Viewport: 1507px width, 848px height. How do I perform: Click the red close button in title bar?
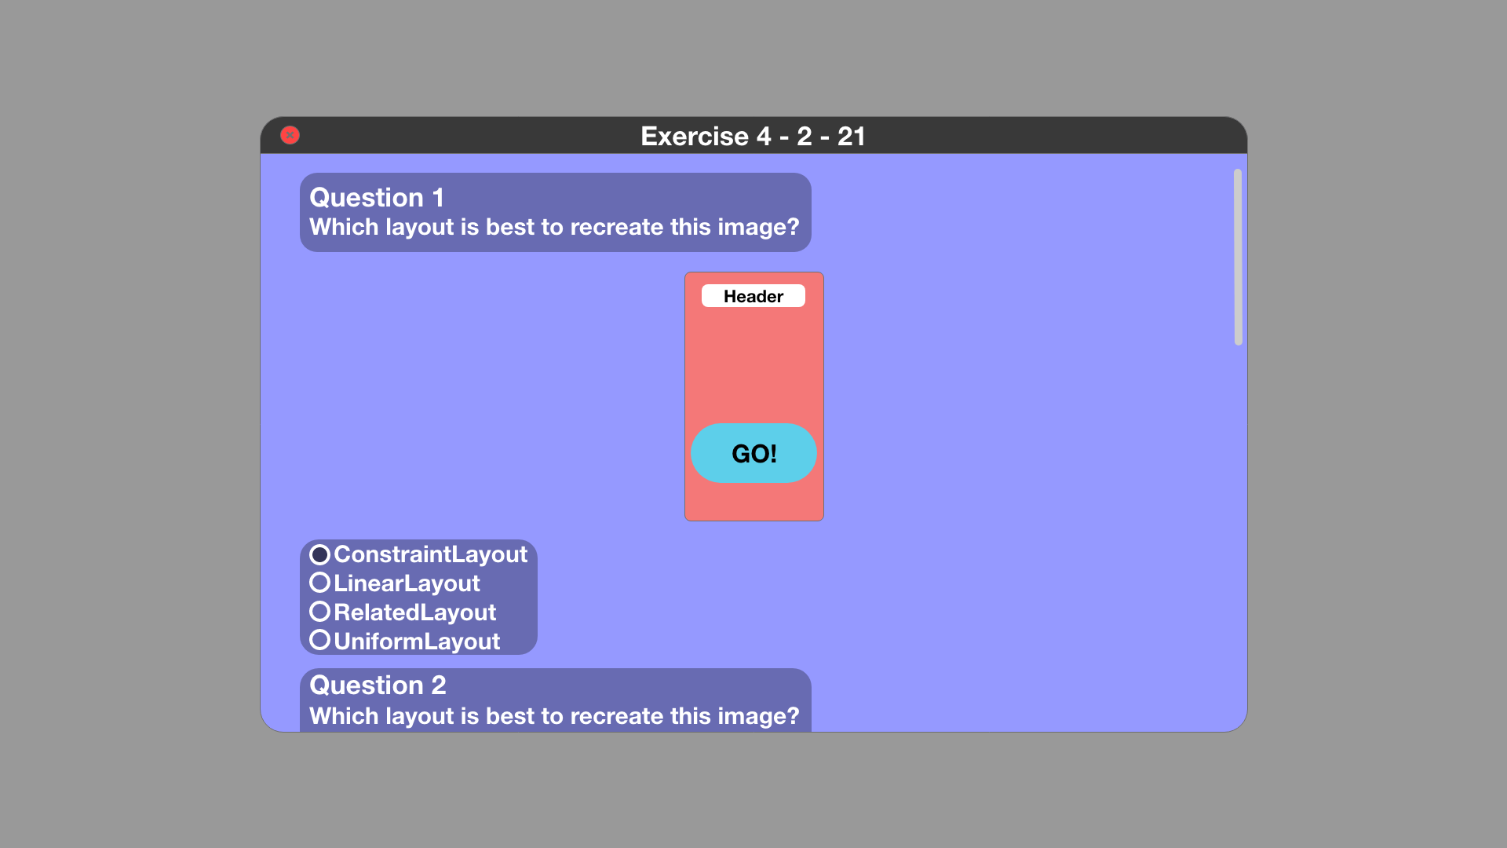(290, 135)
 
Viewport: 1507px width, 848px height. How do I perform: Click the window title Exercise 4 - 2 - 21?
(753, 136)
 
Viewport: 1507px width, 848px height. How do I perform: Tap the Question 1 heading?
(377, 197)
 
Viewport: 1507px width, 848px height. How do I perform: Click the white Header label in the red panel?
(753, 296)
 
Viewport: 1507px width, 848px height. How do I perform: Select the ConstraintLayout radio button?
(319, 554)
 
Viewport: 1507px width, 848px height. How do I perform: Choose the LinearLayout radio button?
(319, 583)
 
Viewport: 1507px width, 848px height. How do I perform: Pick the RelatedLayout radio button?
(319, 611)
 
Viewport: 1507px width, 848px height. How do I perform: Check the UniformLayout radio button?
(319, 640)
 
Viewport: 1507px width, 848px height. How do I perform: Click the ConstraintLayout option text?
(431, 554)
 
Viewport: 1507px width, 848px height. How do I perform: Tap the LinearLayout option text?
(407, 583)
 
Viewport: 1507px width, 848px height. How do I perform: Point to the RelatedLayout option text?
(415, 612)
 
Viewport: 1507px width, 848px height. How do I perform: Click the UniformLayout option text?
(417, 641)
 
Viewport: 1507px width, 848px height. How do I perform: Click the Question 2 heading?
(378, 685)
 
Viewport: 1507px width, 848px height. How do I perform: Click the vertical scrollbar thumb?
(1238, 257)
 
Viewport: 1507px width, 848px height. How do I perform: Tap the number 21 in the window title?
(852, 136)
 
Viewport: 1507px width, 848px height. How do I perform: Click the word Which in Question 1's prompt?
(344, 227)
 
